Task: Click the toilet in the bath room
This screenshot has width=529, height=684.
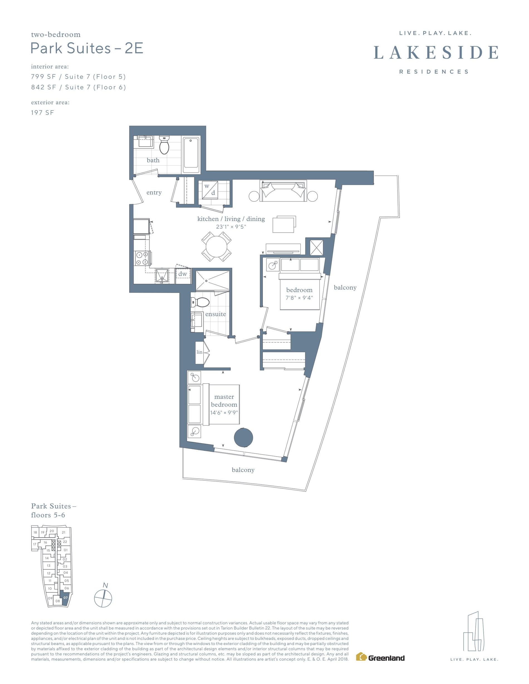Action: coord(164,145)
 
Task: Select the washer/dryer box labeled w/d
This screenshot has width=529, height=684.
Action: coord(210,190)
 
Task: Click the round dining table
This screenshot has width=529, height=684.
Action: coord(217,246)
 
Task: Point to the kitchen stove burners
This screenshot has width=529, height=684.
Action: coord(142,258)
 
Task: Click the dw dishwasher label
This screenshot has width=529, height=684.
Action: coord(183,274)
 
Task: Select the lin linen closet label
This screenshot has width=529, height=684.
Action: coord(199,352)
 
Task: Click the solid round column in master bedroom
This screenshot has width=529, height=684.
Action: coord(244,437)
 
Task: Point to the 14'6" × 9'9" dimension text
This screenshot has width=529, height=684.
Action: coord(224,413)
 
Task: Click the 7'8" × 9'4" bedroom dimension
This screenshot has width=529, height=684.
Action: coord(299,298)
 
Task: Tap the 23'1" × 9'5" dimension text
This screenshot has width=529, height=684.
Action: coord(231,227)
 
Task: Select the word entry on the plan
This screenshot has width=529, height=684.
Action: coord(154,192)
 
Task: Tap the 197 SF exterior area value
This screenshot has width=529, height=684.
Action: coord(42,113)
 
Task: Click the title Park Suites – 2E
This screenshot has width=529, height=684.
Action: coord(87,48)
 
